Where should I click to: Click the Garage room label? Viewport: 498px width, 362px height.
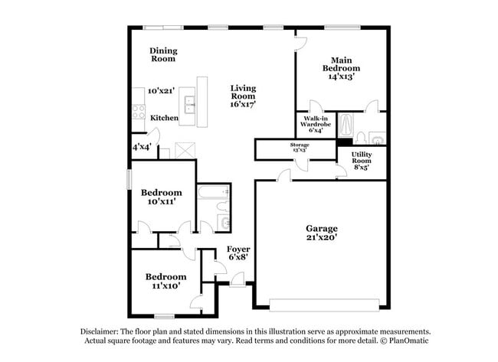coord(323,229)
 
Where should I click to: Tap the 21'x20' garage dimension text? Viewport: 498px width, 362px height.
coord(323,238)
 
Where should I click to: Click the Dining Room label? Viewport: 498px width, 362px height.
coord(162,54)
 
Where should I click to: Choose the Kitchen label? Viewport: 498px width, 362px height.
coord(164,118)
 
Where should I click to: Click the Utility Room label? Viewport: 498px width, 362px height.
coord(362,158)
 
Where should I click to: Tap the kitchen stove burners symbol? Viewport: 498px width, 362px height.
coord(139,112)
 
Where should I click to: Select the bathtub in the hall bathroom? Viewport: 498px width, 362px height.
coord(208,194)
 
